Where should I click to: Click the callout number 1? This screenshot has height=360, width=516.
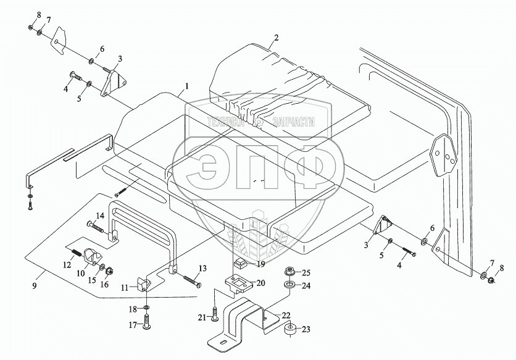coord(186,85)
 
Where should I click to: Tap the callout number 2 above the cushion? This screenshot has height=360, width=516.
coord(277,38)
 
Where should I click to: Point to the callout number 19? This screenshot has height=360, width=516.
coord(260,264)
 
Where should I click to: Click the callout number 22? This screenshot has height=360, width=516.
coord(286,314)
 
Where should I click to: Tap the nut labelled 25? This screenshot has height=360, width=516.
coord(288,272)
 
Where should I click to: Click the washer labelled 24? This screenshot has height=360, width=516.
coord(288,286)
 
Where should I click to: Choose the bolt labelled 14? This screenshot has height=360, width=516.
coord(102,225)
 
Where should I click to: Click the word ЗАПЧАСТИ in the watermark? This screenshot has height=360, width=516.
coord(291,122)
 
